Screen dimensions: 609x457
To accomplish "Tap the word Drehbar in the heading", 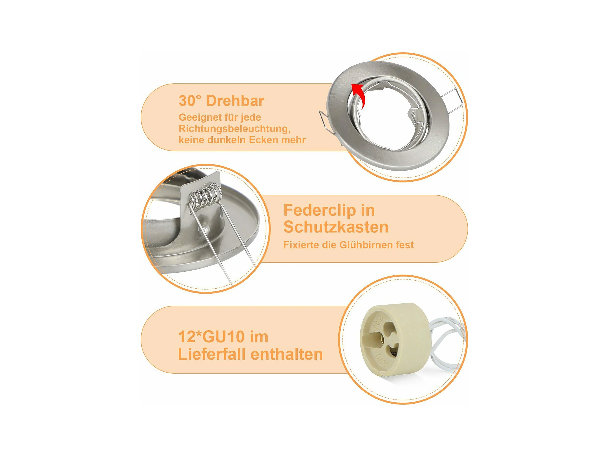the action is click(x=235, y=101).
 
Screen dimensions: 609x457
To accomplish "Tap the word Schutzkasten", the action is click(x=336, y=227).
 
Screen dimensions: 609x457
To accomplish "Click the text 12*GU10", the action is click(x=211, y=337).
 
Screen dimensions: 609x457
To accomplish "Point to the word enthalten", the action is click(x=287, y=354).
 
